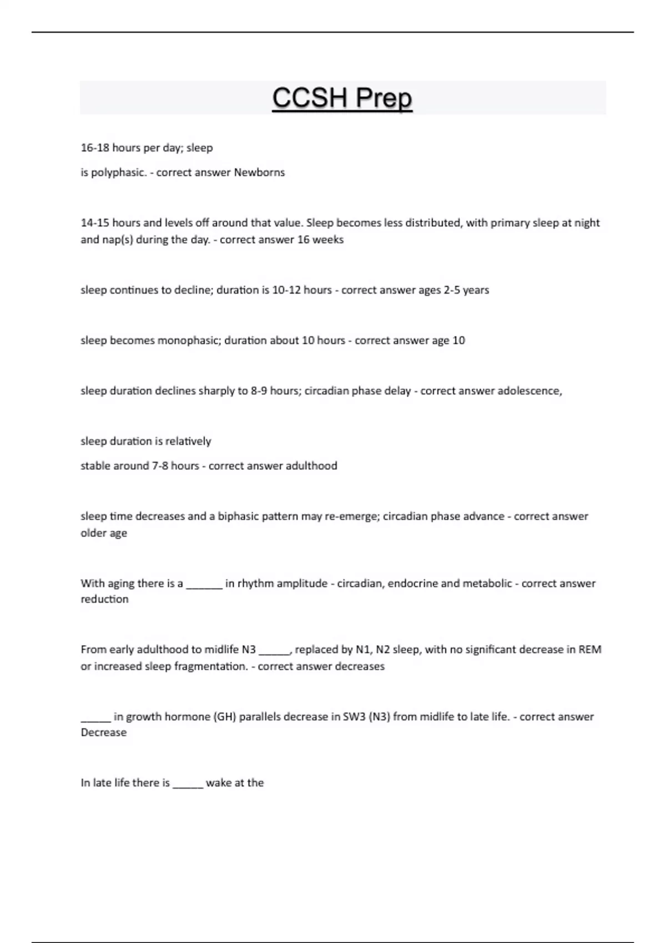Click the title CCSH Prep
pos(342,98)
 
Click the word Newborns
pos(259,173)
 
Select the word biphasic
pos(237,516)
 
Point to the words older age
pos(104,533)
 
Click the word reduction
pos(104,599)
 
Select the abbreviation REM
pos(590,650)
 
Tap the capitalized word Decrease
pos(104,732)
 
